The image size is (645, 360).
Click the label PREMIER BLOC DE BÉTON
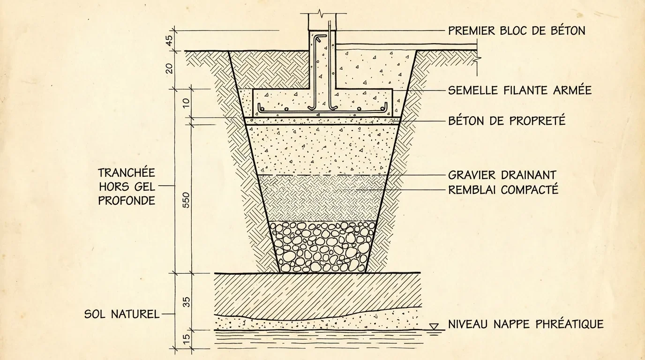coord(517,31)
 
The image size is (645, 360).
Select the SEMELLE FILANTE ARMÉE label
coord(520,90)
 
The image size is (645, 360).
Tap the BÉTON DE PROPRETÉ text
coord(507,120)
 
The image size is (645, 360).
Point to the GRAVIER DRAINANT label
coord(502,175)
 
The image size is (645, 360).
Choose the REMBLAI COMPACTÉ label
coord(503,190)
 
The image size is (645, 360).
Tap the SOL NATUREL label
coord(122,314)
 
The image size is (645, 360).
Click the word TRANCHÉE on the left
coord(127,172)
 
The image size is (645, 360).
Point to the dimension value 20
coord(170,68)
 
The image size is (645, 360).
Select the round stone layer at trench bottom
coord(322,247)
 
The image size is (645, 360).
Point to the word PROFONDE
coord(127,201)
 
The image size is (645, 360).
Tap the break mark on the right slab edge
coord(477,60)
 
